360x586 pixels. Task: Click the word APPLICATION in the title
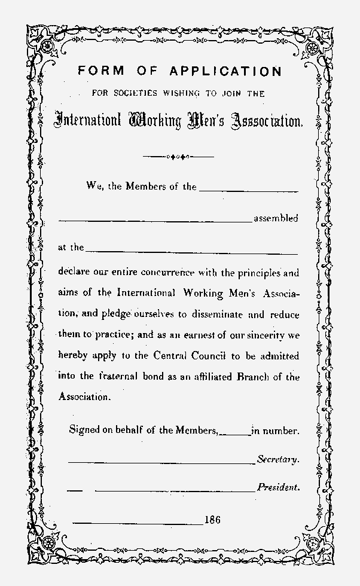click(225, 72)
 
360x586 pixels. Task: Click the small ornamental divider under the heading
click(179, 157)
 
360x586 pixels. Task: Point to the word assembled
click(276, 219)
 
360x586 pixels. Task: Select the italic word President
click(278, 487)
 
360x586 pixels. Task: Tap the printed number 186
click(212, 520)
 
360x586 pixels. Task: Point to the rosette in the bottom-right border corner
click(313, 544)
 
